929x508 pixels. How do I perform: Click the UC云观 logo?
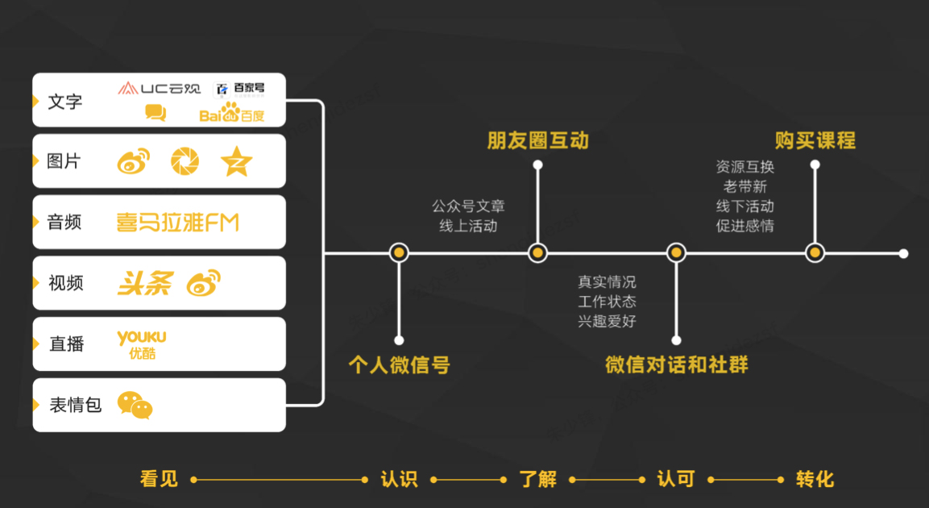coord(159,88)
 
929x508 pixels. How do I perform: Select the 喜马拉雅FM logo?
coord(178,222)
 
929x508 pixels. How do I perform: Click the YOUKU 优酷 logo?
coord(142,344)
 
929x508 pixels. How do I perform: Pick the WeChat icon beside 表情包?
coord(135,405)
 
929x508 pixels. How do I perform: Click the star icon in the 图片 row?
coord(236,161)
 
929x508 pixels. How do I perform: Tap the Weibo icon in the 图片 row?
coord(134,161)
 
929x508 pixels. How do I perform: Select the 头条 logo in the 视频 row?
coord(144,283)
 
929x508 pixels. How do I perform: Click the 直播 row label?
coord(66,344)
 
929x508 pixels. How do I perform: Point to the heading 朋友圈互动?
coord(537,140)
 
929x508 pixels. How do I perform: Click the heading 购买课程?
coord(815,140)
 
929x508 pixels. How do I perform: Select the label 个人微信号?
coord(399,365)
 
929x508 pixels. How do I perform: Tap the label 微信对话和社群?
coord(677,365)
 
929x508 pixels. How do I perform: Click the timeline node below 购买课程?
coord(815,253)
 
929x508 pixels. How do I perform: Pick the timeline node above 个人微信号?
coord(399,253)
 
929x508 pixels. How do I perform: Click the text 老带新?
coord(744,186)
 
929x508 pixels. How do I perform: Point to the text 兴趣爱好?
coord(607,321)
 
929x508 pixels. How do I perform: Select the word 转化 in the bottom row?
coord(815,479)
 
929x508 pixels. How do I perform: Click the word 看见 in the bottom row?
coord(159,479)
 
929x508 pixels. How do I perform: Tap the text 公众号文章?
coord(468,206)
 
